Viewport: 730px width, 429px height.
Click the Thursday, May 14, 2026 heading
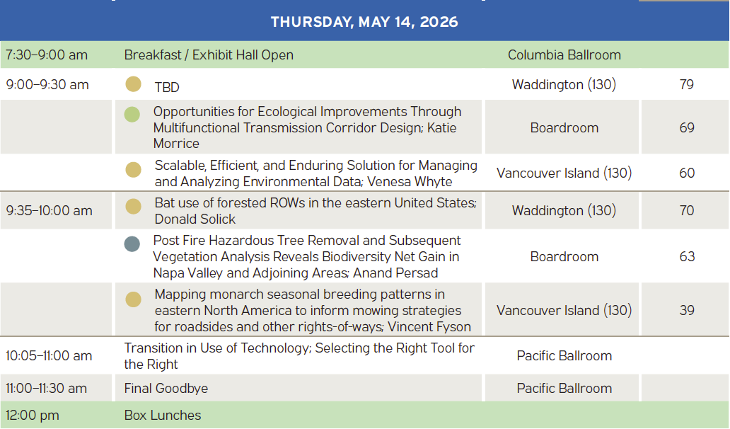coord(364,22)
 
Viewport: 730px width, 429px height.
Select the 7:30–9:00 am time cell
coord(47,55)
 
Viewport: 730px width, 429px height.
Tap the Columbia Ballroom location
coord(564,55)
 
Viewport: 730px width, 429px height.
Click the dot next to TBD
coord(133,84)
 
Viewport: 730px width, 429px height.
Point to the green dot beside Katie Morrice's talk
coord(132,114)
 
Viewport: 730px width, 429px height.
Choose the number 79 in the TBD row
coord(687,84)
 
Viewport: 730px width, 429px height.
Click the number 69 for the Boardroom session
coord(687,127)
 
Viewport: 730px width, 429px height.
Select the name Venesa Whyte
coord(410,182)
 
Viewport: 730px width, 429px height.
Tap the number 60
coord(687,173)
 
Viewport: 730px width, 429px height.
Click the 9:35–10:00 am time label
coord(50,210)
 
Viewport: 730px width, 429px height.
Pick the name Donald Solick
coord(195,219)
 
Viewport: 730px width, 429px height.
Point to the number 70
coord(687,210)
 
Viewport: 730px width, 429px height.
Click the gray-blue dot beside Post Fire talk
coord(132,244)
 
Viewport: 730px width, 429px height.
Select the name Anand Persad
coord(395,273)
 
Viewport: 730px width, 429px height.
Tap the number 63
coord(687,257)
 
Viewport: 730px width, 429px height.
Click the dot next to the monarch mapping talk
coord(133,299)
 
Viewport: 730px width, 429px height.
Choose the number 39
coord(687,310)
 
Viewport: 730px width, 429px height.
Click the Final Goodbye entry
coord(166,389)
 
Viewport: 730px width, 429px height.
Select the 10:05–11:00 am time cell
coord(49,356)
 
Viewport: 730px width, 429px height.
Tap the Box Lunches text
coord(163,415)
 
